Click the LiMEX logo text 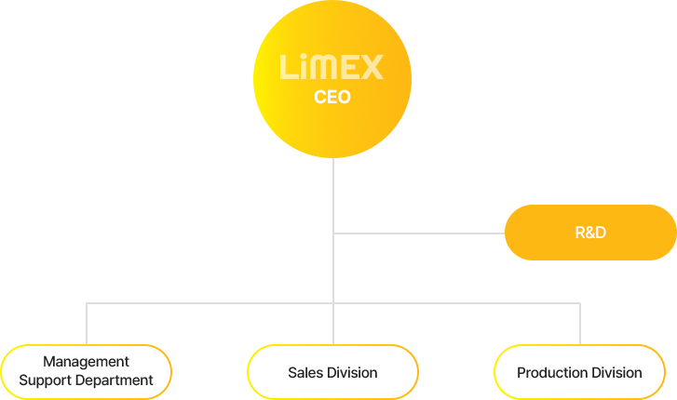pyautogui.click(x=332, y=68)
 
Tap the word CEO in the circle pyautogui.click(x=332, y=97)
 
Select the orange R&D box pyautogui.click(x=590, y=232)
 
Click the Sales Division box pyautogui.click(x=332, y=372)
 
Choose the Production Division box pyautogui.click(x=579, y=372)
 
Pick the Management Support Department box pyautogui.click(x=86, y=372)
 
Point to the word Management pyautogui.click(x=86, y=362)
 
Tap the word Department pyautogui.click(x=115, y=380)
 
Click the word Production pyautogui.click(x=551, y=373)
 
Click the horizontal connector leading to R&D pyautogui.click(x=419, y=233)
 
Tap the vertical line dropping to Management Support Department pyautogui.click(x=87, y=324)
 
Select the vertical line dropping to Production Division pyautogui.click(x=579, y=324)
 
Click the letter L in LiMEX pyautogui.click(x=287, y=68)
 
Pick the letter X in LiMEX pyautogui.click(x=372, y=68)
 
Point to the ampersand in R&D pyautogui.click(x=590, y=233)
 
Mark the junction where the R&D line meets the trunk pyautogui.click(x=333, y=233)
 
